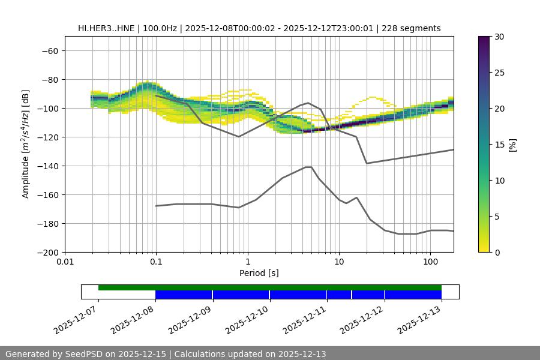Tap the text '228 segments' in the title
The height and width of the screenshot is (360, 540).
[x=414, y=28]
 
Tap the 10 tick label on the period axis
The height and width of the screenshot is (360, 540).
[x=339, y=262]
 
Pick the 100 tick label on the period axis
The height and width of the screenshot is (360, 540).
[x=430, y=262]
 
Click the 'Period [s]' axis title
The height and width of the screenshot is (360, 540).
[x=259, y=273]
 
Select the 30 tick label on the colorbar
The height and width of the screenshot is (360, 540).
[x=499, y=37]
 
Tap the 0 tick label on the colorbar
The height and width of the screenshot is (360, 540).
[x=497, y=252]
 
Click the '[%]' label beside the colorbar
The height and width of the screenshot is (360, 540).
[x=512, y=144]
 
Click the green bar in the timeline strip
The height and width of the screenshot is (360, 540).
[x=270, y=287]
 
